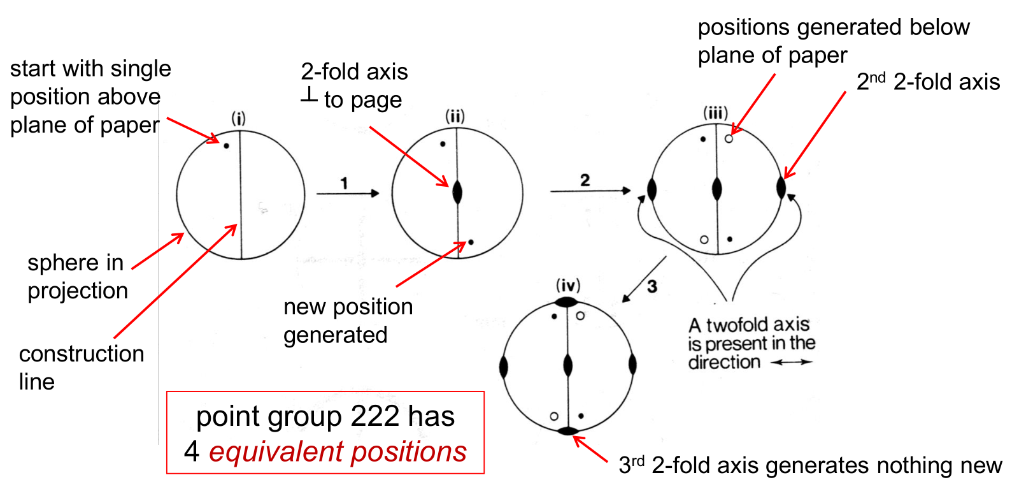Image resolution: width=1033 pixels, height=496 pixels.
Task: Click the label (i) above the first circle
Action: pos(238,119)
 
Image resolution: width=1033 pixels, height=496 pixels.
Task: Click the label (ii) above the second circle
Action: pos(455,116)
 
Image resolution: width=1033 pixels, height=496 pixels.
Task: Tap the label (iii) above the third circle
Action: pos(715,113)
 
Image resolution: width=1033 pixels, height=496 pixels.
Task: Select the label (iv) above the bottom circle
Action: pos(568,285)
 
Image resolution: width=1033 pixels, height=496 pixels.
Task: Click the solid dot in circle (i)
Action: pos(227,146)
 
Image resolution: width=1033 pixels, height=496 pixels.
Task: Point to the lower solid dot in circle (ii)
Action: pos(471,242)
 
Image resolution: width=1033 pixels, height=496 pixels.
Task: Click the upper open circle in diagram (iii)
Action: pos(729,138)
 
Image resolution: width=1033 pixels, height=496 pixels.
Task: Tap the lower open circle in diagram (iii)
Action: pos(704,240)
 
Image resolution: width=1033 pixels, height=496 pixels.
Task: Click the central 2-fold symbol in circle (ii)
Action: pos(457,192)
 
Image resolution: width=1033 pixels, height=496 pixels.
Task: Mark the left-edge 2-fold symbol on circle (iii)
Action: pos(652,189)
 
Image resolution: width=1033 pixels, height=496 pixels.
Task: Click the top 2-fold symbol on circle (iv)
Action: pos(566,302)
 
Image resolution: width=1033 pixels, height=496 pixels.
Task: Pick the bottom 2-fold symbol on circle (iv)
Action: pos(568,431)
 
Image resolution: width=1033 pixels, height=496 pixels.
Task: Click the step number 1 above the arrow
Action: pos(344,184)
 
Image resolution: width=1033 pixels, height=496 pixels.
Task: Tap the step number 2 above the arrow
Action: pos(585,180)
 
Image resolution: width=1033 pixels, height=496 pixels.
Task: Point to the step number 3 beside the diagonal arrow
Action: pos(652,287)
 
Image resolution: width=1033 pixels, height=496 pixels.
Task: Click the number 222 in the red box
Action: pos(374,416)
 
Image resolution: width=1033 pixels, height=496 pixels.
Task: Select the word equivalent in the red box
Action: pos(277,451)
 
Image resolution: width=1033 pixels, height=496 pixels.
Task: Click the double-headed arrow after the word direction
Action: pos(792,362)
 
